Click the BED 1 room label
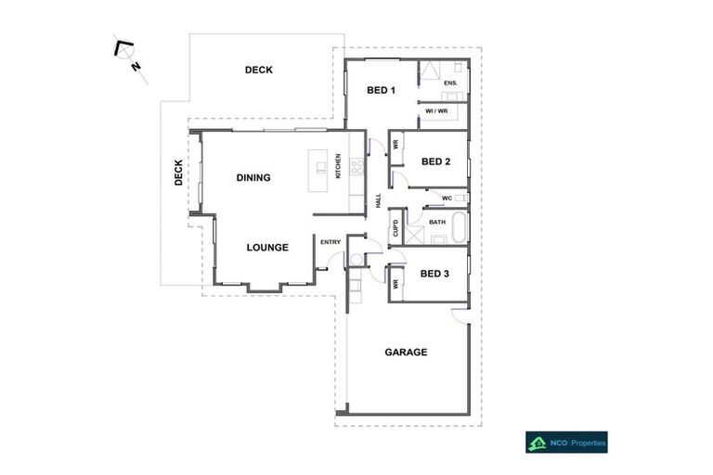pyautogui.click(x=382, y=90)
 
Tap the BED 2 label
pyautogui.click(x=435, y=161)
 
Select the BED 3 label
pyautogui.click(x=434, y=273)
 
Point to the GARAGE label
pyautogui.click(x=406, y=352)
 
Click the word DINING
pyautogui.click(x=253, y=177)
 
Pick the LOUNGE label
pyautogui.click(x=267, y=248)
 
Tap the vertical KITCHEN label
pyautogui.click(x=338, y=167)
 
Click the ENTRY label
pyautogui.click(x=331, y=242)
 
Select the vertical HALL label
pyautogui.click(x=378, y=200)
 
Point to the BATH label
pyautogui.click(x=438, y=222)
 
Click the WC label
pyautogui.click(x=447, y=198)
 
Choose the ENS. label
pyautogui.click(x=450, y=83)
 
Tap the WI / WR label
pyautogui.click(x=436, y=111)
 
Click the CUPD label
pyautogui.click(x=395, y=227)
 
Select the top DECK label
pyautogui.click(x=258, y=70)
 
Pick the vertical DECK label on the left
pyautogui.click(x=178, y=173)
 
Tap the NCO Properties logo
pyautogui.click(x=566, y=443)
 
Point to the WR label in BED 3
pyautogui.click(x=395, y=283)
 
